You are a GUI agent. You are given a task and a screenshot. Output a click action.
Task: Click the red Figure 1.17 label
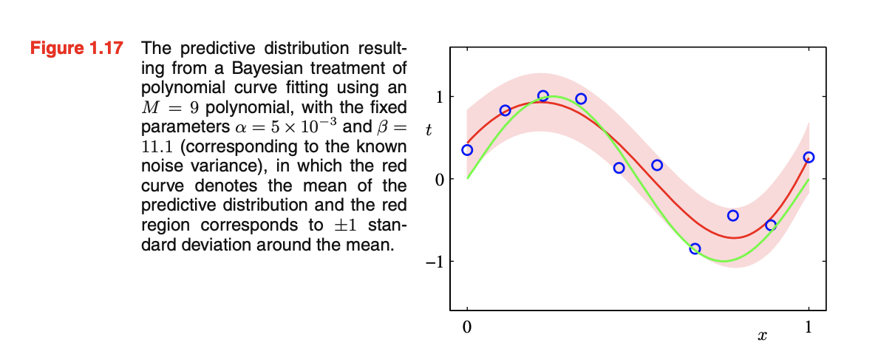[x=76, y=50]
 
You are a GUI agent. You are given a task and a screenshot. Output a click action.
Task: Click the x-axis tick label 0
[x=466, y=327]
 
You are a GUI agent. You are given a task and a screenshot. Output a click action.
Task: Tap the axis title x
[x=762, y=336]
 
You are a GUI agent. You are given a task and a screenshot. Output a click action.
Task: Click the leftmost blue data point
[x=467, y=150]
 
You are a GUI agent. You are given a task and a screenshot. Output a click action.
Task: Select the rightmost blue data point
[x=809, y=157]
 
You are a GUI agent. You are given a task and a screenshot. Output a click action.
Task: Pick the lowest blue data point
[x=695, y=248]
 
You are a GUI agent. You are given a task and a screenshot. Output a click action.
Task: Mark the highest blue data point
[x=543, y=96]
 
